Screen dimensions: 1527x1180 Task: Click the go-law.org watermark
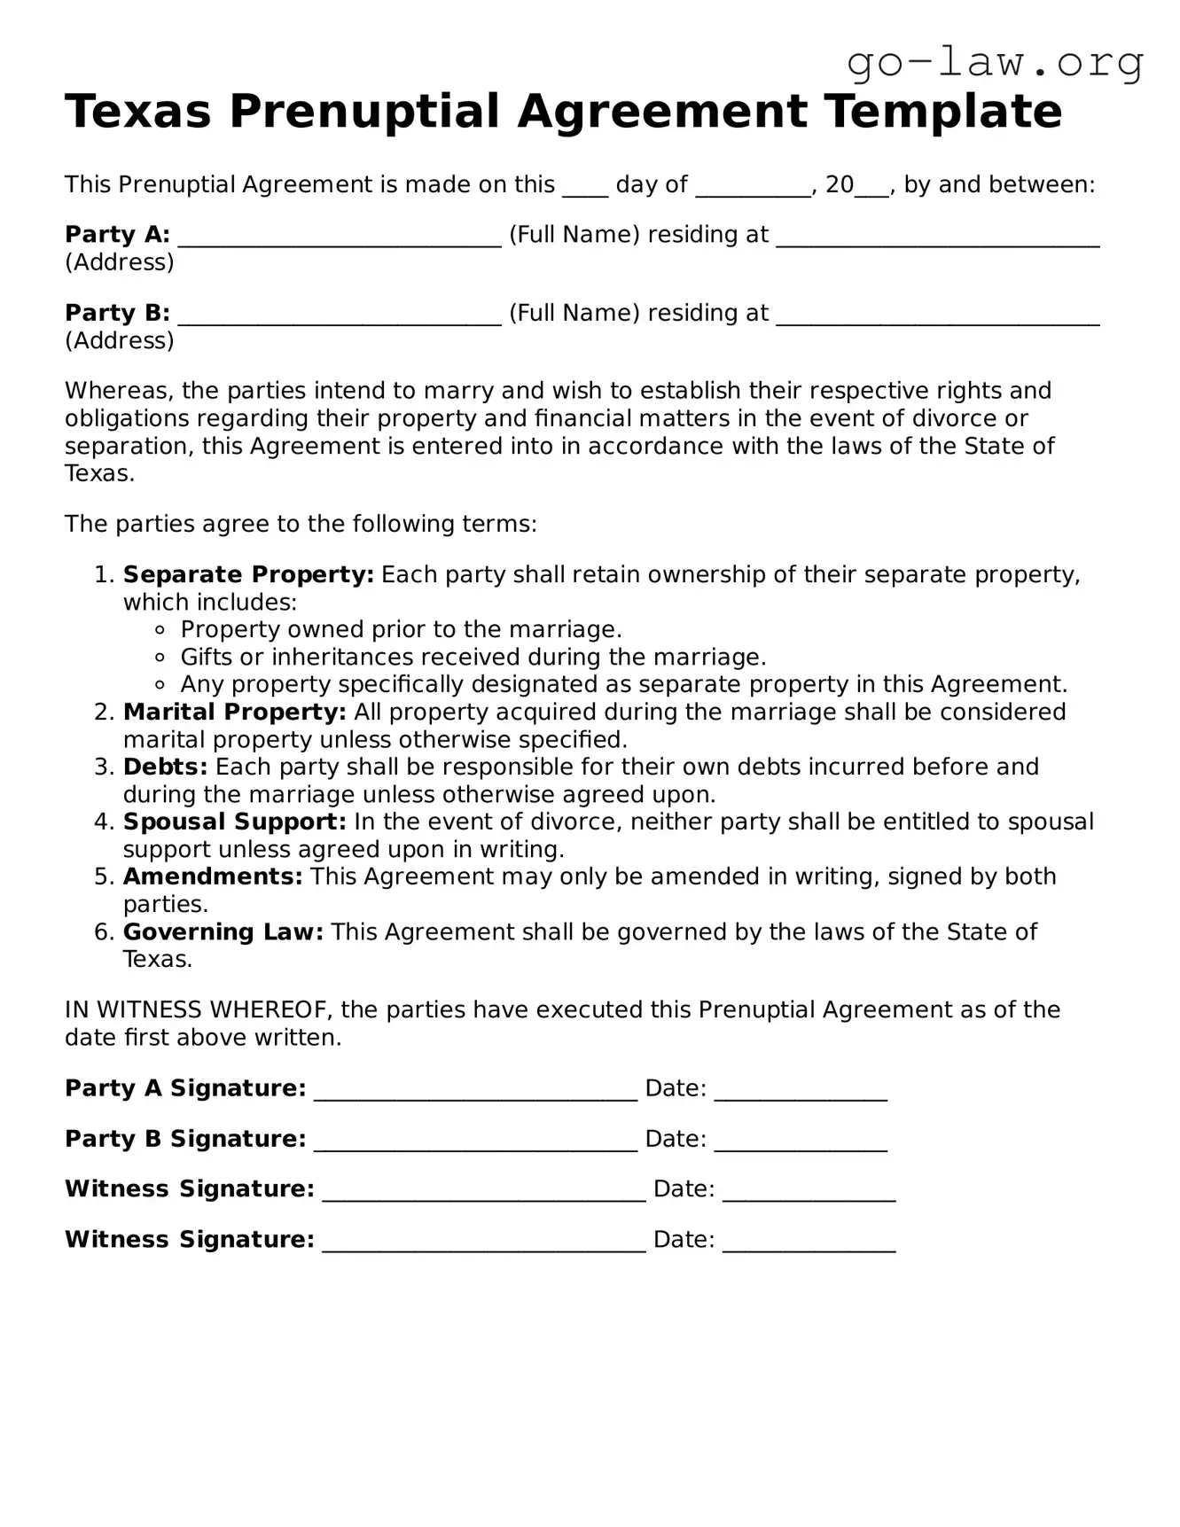[x=995, y=63]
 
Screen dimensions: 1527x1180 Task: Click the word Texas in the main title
[x=137, y=113]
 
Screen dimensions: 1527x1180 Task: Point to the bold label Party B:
[x=117, y=313]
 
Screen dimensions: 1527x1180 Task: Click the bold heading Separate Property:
[x=248, y=574]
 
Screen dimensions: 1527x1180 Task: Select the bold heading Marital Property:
[x=234, y=712]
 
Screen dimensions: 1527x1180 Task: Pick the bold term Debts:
[x=165, y=767]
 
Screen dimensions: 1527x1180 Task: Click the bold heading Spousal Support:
[x=234, y=822]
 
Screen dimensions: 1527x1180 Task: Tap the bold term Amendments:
[x=213, y=876]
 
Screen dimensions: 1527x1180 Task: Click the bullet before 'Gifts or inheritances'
[x=160, y=658]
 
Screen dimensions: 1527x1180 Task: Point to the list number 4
[x=103, y=822]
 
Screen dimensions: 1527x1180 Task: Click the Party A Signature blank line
[x=475, y=1093]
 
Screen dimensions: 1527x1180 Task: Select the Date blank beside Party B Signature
[x=800, y=1143]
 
